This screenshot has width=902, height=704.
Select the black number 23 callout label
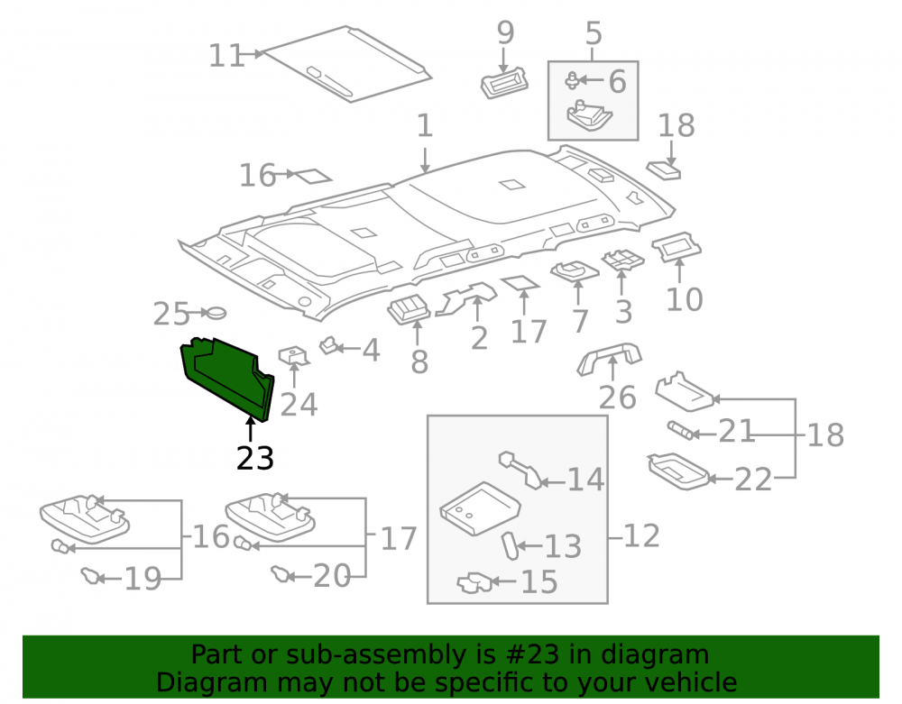click(x=255, y=458)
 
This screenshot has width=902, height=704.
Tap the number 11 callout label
click(x=226, y=56)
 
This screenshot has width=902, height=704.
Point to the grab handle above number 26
click(x=609, y=358)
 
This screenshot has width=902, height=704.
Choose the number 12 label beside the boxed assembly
click(x=641, y=535)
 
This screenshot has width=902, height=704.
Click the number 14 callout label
click(x=585, y=480)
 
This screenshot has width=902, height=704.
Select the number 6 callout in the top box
click(x=617, y=82)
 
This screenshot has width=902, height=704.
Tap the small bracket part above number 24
click(x=294, y=356)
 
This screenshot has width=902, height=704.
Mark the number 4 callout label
click(x=371, y=350)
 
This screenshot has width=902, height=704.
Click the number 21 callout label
click(x=736, y=431)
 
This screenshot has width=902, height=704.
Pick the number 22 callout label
click(x=753, y=480)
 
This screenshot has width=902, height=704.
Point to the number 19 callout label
click(x=143, y=579)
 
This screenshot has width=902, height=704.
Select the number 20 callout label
click(x=331, y=575)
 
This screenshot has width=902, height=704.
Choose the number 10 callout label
click(x=684, y=299)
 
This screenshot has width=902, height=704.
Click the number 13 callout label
click(x=563, y=546)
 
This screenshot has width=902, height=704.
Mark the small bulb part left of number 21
click(x=681, y=430)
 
